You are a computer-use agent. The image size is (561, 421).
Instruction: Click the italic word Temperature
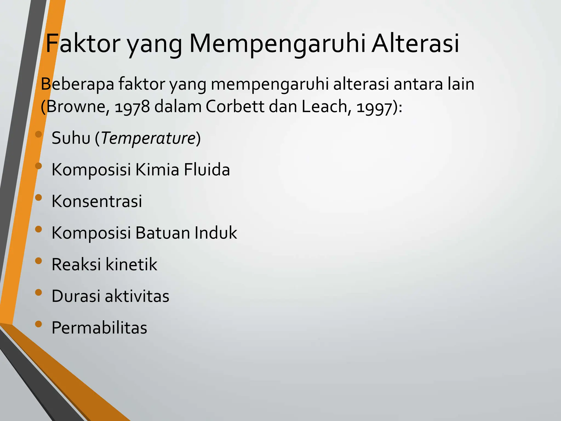148,138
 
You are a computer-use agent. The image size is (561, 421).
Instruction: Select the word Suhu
71,138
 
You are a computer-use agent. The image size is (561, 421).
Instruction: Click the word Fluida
207,170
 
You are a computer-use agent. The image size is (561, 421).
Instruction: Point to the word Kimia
157,170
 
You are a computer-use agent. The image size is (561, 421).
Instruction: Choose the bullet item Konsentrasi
97,201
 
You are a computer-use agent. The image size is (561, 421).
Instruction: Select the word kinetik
131,264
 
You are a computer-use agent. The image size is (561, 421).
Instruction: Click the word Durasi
76,296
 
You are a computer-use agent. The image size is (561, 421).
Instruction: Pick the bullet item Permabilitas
99,328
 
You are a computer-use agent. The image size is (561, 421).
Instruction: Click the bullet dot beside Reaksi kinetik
39,261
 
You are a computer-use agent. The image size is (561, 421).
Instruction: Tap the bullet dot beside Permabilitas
39,324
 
